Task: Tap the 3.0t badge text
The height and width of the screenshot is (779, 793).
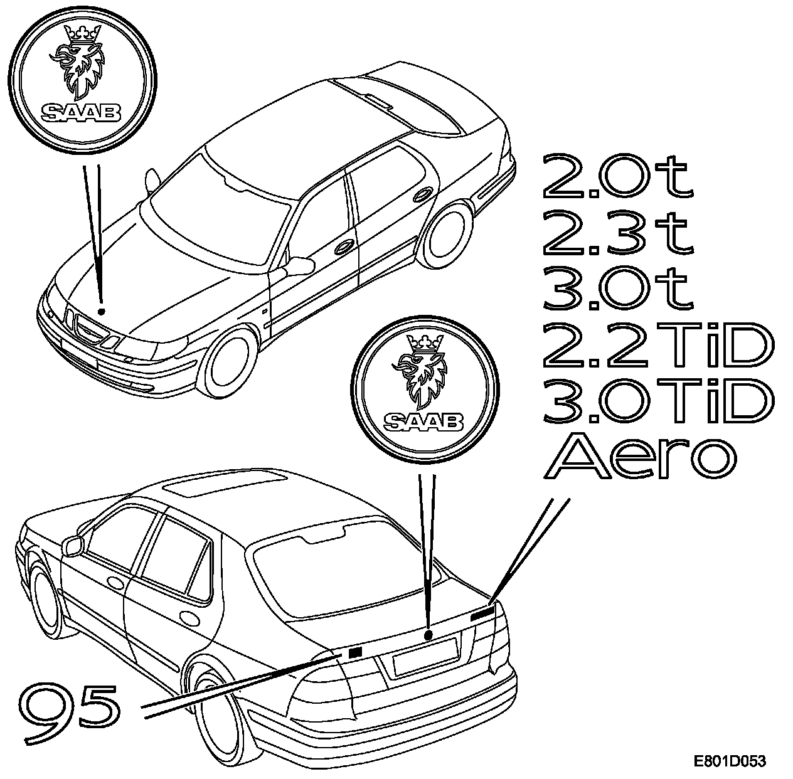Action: pyautogui.click(x=617, y=289)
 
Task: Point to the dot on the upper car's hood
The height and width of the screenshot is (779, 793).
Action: pyautogui.click(x=102, y=311)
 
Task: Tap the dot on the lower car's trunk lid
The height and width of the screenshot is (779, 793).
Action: pyautogui.click(x=428, y=635)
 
